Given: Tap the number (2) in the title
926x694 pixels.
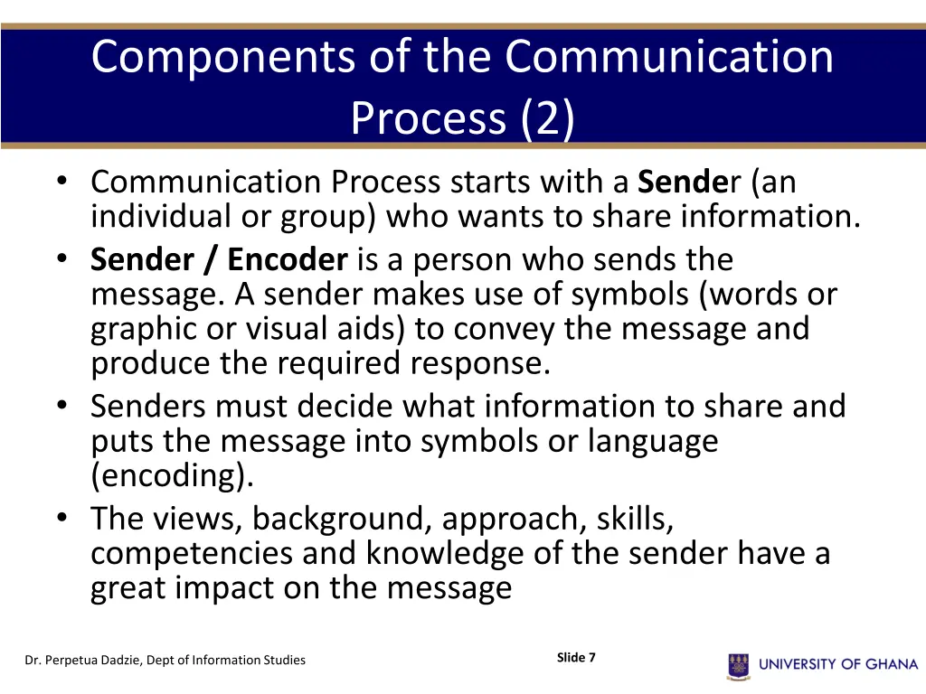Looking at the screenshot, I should tap(546, 118).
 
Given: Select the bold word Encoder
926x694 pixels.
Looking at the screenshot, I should tap(287, 260).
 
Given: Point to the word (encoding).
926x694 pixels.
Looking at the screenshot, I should tap(172, 476).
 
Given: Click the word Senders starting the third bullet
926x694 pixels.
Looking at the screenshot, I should tap(148, 407).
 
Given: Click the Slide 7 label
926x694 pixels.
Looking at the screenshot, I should tap(576, 658).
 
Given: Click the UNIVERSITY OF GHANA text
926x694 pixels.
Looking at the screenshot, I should tap(838, 664).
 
